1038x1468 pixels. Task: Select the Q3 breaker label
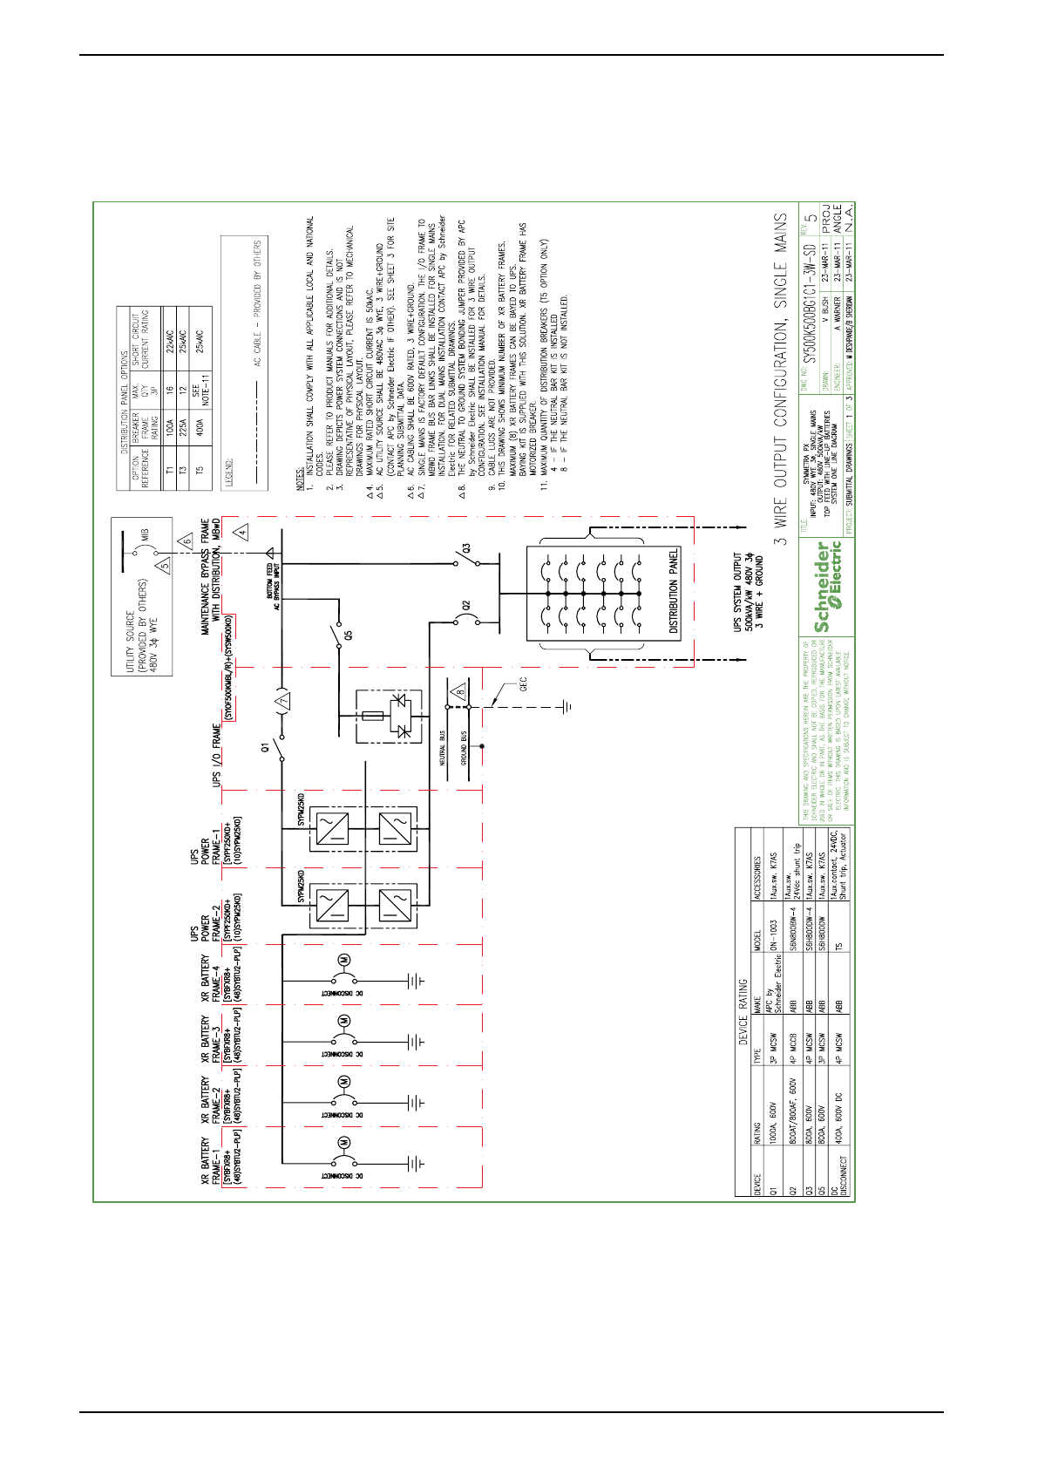(x=467, y=548)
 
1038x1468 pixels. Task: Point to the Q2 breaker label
(x=467, y=604)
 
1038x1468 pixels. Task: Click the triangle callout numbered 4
(x=242, y=530)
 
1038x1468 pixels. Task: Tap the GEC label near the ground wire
(x=523, y=686)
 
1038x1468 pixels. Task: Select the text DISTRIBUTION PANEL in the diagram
(x=674, y=591)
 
